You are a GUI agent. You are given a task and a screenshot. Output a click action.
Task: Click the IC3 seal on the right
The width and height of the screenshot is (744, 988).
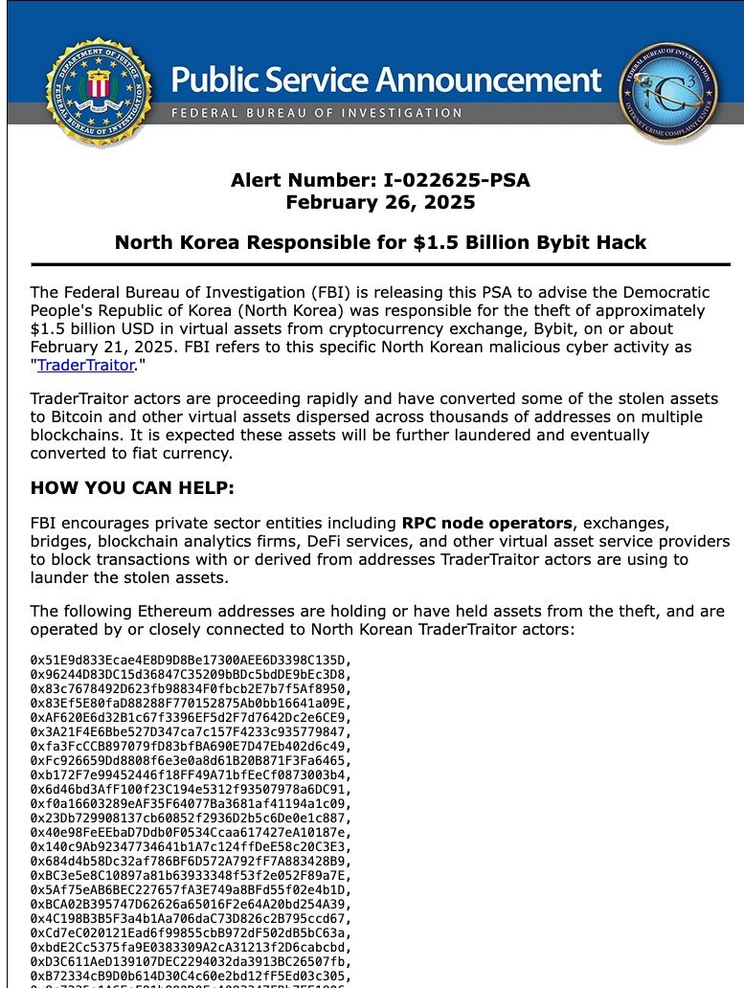666,92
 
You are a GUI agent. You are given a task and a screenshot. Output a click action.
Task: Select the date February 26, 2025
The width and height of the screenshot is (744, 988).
380,202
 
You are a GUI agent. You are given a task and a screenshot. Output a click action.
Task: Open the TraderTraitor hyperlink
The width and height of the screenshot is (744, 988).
85,365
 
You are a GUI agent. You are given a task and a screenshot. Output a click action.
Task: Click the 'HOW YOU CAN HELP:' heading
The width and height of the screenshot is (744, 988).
132,487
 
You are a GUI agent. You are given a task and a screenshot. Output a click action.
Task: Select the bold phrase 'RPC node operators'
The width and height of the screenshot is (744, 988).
486,523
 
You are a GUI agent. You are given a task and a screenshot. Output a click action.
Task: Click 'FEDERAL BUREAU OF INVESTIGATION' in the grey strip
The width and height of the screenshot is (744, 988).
310,113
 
